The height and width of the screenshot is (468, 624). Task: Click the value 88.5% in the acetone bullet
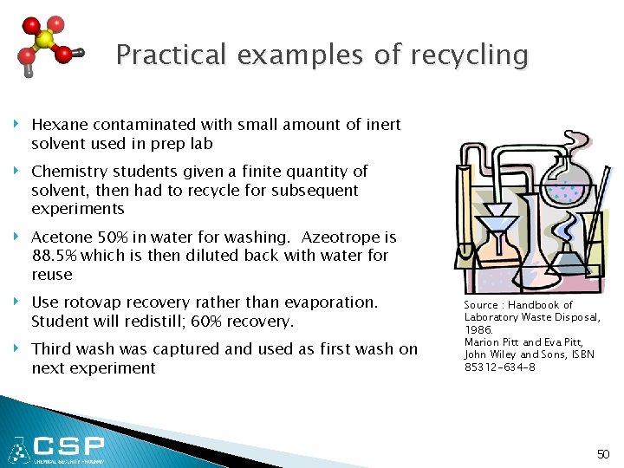pyautogui.click(x=53, y=256)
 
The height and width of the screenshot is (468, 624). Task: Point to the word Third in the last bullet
pyautogui.click(x=51, y=349)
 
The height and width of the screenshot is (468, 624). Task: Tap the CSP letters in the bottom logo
pyautogui.click(x=69, y=447)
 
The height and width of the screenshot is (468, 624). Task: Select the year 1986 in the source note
pyautogui.click(x=478, y=330)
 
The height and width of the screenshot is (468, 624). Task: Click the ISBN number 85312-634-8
pyautogui.click(x=499, y=367)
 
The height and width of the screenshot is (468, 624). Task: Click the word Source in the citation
pyautogui.click(x=480, y=305)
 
